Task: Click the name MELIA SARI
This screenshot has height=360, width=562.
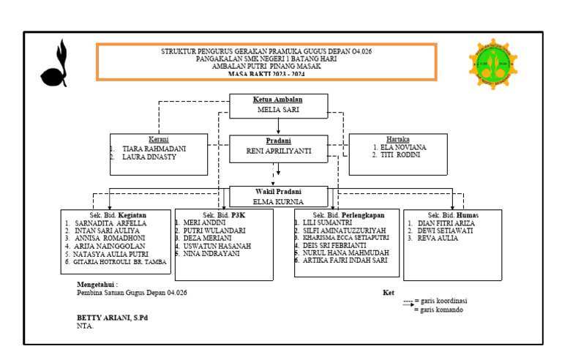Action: pos(278,110)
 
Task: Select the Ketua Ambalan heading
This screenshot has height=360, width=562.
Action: pos(278,100)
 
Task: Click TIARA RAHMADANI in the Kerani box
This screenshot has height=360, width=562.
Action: pos(154,149)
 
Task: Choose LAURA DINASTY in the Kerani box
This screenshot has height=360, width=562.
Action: pos(149,157)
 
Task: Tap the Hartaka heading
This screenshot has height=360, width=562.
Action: pos(398,138)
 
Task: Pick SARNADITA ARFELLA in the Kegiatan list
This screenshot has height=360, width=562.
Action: pos(110,223)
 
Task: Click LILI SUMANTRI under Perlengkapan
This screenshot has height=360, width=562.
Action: pos(328,222)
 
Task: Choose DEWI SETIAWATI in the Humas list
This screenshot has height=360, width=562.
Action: pos(445,230)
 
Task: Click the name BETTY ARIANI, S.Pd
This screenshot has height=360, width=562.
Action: pos(113,318)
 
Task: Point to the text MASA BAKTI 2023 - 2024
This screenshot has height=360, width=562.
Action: pos(266,75)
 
